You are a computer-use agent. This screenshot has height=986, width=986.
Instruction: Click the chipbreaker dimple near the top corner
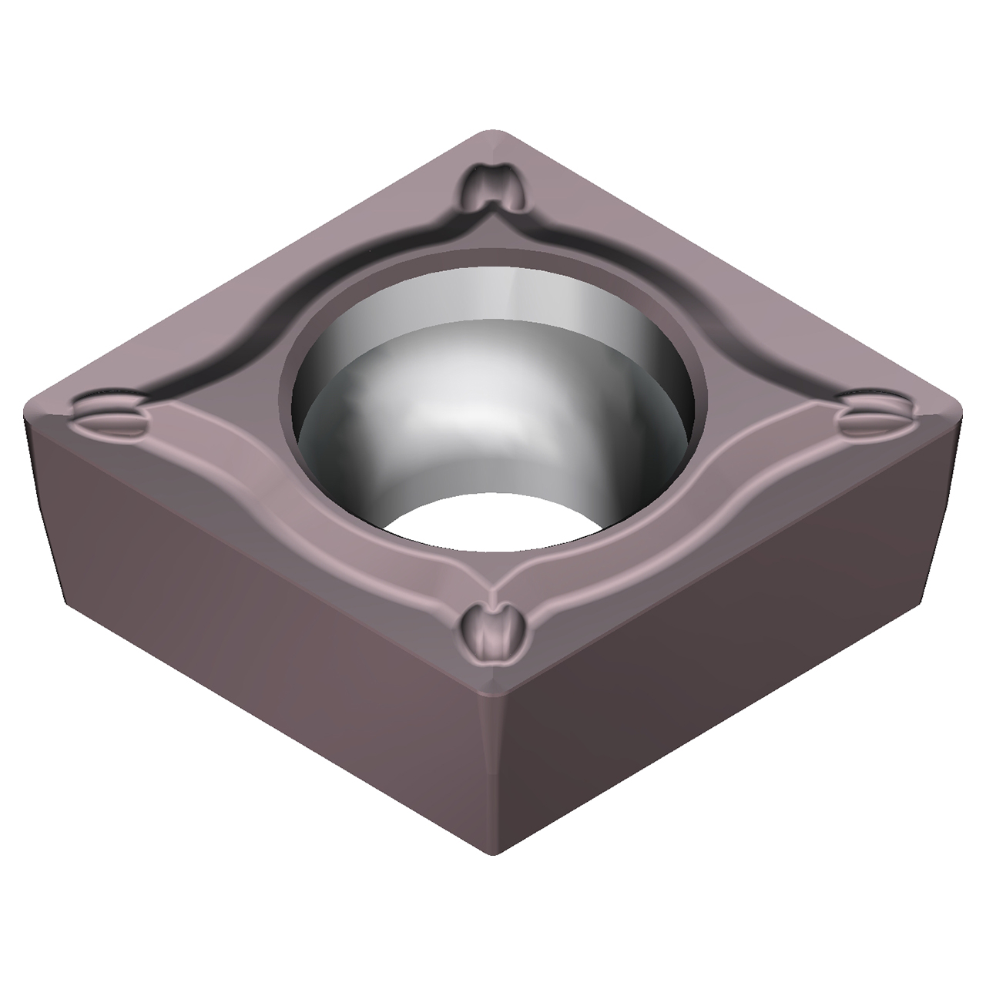click(x=495, y=187)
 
